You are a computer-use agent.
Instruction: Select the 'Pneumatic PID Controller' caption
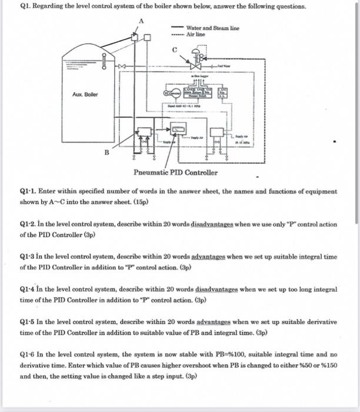click(x=175, y=172)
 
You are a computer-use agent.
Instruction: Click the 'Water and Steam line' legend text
click(x=212, y=28)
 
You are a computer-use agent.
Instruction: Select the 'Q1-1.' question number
click(x=29, y=191)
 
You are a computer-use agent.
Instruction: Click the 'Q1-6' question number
click(x=28, y=355)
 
